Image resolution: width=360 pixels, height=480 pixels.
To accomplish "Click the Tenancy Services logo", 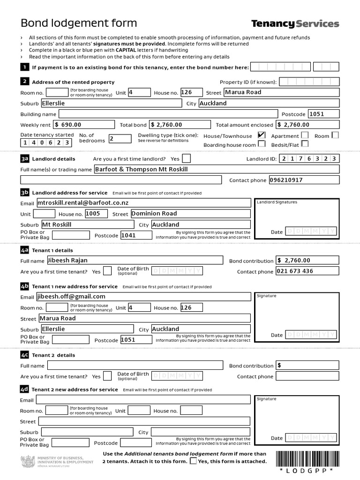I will [295, 23].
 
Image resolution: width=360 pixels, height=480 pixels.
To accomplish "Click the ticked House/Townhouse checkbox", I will [262, 135].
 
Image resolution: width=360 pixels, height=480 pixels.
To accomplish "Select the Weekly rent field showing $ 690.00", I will [84, 125].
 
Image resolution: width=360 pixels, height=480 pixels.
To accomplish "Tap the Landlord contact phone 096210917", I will [304, 180].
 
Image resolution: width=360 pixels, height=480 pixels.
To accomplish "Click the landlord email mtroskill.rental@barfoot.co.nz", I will [143, 202].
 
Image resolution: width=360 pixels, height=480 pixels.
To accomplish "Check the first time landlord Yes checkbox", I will [186, 158].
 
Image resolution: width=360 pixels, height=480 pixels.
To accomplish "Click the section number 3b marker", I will [25, 193].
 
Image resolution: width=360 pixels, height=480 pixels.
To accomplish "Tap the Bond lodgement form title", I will [79, 23].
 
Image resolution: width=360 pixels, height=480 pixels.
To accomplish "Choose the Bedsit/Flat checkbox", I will [305, 144].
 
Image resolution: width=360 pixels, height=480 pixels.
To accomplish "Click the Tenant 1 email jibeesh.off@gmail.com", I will [143, 296].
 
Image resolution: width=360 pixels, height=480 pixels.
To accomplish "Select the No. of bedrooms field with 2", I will [120, 139].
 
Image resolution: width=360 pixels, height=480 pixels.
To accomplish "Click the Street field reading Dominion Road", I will [190, 213].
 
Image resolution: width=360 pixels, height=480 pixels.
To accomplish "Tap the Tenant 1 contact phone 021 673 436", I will [307, 271].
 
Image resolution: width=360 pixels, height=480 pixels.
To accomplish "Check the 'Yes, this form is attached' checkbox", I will [193, 461].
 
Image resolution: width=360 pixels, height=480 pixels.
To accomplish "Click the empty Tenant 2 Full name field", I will [135, 366].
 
